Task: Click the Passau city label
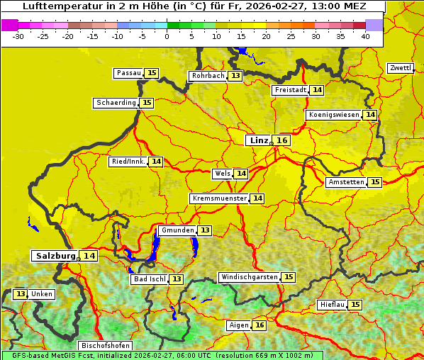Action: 128,73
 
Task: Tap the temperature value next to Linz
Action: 282,140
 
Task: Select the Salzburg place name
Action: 55,256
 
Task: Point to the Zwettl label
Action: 401,68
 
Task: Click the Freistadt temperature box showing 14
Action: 317,90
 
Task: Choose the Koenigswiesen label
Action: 333,115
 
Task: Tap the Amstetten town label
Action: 345,182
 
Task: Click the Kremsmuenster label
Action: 219,198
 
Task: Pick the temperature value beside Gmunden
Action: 204,230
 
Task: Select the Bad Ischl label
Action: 149,279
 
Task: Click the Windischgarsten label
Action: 249,277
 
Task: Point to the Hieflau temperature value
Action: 355,305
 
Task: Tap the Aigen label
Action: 239,325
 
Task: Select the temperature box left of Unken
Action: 21,294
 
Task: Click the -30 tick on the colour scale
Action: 18,36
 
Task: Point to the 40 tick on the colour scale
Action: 365,36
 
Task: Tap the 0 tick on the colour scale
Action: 167,36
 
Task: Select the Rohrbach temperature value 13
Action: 235,76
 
